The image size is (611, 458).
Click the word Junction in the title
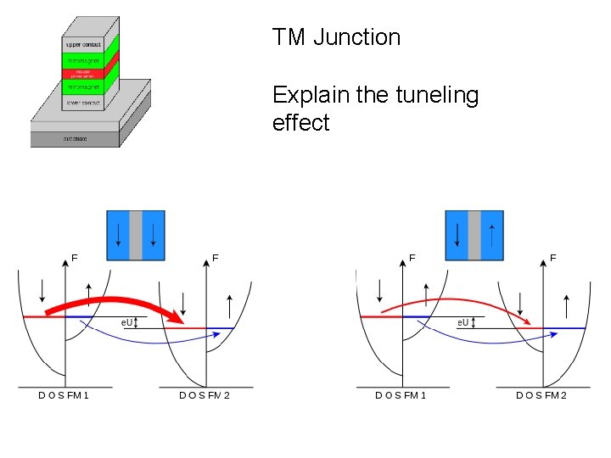(356, 37)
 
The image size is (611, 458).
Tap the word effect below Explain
(300, 123)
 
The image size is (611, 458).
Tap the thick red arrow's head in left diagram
(179, 319)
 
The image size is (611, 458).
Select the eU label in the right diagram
(464, 323)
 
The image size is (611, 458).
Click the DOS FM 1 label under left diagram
(64, 395)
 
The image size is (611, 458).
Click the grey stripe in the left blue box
(136, 234)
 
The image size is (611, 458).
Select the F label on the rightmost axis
(552, 257)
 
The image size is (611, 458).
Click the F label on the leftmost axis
(75, 257)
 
